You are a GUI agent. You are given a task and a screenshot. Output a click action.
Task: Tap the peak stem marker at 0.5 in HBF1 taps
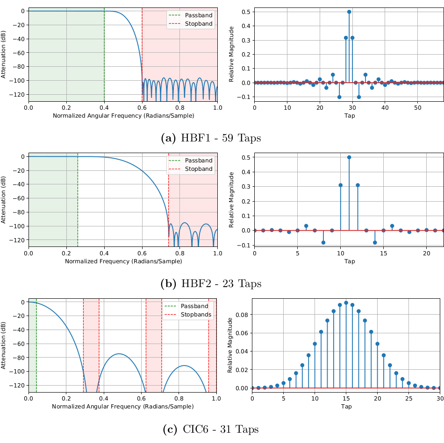tap(349, 12)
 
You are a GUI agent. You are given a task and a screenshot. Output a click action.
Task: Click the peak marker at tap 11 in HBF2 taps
tap(349, 157)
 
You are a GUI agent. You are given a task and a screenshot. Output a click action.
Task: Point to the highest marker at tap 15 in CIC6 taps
tap(346, 303)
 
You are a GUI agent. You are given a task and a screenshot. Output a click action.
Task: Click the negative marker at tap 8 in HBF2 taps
tap(323, 242)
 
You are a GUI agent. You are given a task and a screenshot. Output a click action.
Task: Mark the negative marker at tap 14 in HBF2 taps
tap(375, 242)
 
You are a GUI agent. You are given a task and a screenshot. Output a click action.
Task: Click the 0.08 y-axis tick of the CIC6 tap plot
tap(242, 315)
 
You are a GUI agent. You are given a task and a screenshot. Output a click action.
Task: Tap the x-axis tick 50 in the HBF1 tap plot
tap(417, 107)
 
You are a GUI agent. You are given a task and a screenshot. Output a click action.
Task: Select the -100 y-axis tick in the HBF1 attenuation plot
tap(18, 81)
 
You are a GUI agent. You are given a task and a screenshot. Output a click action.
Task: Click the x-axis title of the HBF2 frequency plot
tap(123, 261)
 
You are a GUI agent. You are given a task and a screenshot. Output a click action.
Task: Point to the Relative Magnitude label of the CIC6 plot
tap(230, 345)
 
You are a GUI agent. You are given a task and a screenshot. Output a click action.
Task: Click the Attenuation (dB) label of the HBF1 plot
tap(4, 55)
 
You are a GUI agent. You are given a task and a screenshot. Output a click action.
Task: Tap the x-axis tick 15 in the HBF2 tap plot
tap(383, 253)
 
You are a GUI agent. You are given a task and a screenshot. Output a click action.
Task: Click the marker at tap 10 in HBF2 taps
tap(341, 185)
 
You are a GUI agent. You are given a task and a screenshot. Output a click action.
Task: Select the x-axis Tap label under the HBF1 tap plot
tap(350, 115)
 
